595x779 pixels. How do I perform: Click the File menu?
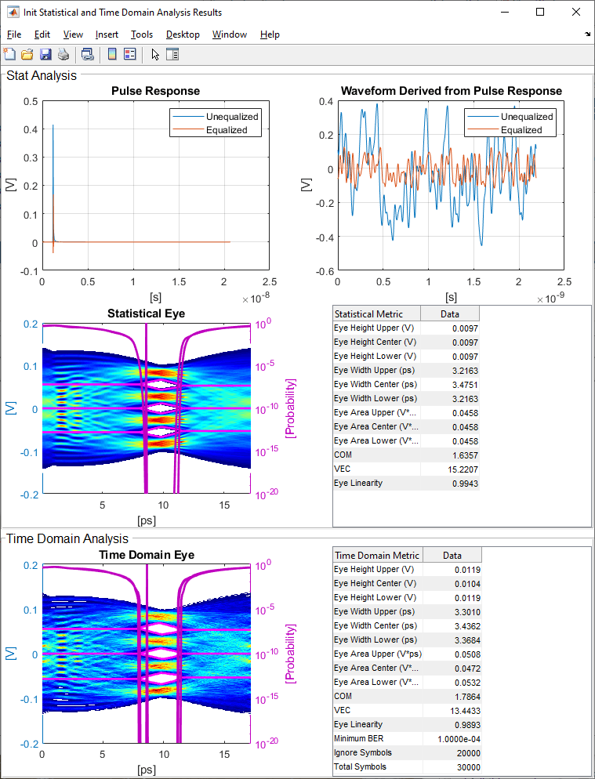coord(14,34)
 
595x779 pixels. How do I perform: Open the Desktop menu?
coord(183,34)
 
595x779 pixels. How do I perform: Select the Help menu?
coord(270,34)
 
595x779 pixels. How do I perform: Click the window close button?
coord(575,12)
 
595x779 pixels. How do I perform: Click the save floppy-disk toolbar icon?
coord(45,54)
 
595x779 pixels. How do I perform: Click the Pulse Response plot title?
coord(155,91)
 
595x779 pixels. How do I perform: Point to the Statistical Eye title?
coord(146,314)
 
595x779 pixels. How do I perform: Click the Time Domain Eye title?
coord(146,555)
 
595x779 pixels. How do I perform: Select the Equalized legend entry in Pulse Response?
coord(227,130)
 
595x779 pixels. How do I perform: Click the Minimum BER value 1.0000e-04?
coord(459,738)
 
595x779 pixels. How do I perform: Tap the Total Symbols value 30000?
coord(466,766)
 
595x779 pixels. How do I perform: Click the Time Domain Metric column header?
coord(378,555)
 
